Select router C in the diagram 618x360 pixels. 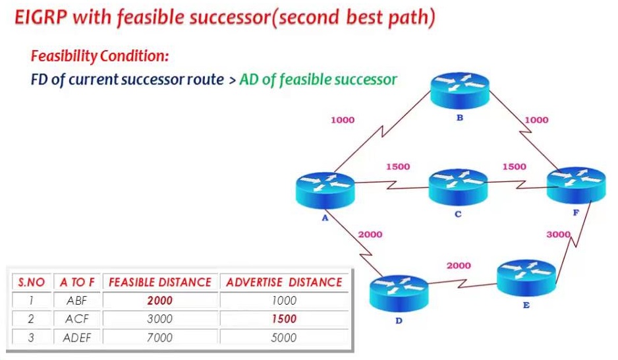(458, 187)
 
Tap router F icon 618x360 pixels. (576, 185)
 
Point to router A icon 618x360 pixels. (325, 190)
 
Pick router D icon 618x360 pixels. (399, 293)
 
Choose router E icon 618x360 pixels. (526, 278)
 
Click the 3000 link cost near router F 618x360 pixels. (558, 234)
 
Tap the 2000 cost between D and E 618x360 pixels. (459, 265)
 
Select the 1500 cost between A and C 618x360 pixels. (398, 166)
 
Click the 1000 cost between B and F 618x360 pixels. (536, 120)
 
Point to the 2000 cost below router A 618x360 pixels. (370, 234)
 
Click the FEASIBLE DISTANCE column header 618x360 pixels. (160, 282)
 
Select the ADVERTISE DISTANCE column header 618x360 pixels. (284, 282)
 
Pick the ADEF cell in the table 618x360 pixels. (77, 338)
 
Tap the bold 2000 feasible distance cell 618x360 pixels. (159, 301)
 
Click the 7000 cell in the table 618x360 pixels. (159, 338)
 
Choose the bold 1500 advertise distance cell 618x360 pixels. (284, 318)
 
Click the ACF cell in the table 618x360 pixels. (77, 318)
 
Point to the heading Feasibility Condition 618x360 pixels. (99, 56)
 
